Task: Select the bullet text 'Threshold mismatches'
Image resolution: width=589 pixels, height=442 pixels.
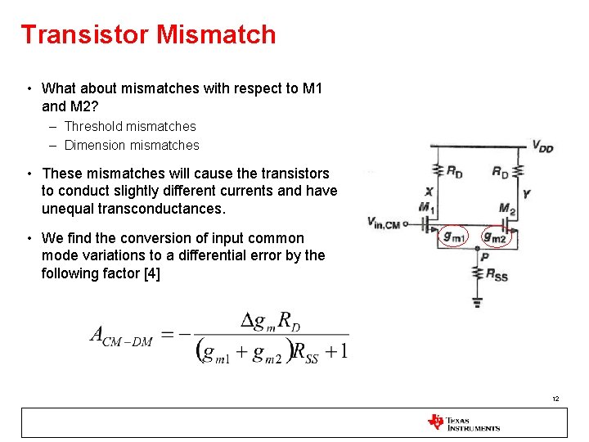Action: pyautogui.click(x=130, y=126)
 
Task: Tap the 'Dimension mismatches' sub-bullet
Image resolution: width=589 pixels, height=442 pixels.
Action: pyautogui.click(x=132, y=145)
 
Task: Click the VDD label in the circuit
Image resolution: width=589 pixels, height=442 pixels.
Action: pyautogui.click(x=542, y=147)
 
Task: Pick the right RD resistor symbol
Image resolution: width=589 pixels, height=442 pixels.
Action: pyautogui.click(x=517, y=170)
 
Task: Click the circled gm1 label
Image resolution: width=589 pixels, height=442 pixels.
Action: pyautogui.click(x=454, y=236)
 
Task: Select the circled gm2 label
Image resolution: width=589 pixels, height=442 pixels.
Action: pyautogui.click(x=495, y=236)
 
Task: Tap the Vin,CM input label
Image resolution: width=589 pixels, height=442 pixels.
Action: pyautogui.click(x=383, y=223)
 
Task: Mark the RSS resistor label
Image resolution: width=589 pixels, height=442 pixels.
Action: pyautogui.click(x=497, y=275)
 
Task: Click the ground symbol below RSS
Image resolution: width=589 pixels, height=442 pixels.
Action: pyautogui.click(x=477, y=302)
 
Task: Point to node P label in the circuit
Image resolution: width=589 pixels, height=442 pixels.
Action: pyautogui.click(x=485, y=256)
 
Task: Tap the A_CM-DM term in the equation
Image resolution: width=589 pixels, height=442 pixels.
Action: pyautogui.click(x=121, y=336)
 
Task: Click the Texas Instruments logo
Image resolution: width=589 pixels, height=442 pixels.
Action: pyautogui.click(x=463, y=422)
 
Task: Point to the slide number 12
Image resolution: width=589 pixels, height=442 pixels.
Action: pyautogui.click(x=555, y=399)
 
